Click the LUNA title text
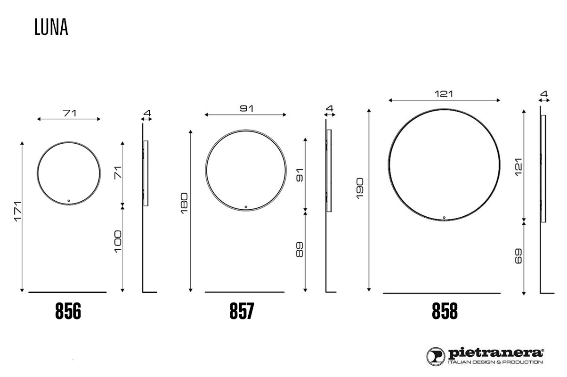(x=51, y=26)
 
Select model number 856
(x=68, y=311)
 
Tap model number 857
(x=242, y=311)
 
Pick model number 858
(x=445, y=311)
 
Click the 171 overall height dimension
(x=18, y=212)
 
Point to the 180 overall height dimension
(x=184, y=204)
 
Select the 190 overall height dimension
(x=360, y=188)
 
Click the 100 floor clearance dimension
(x=118, y=241)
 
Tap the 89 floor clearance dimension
(x=300, y=250)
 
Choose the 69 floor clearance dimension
(x=518, y=256)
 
